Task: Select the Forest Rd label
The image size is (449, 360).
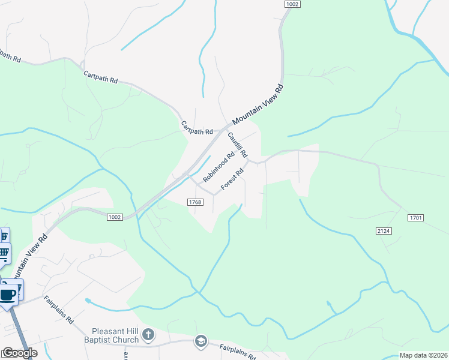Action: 232,179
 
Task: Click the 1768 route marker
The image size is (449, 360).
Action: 194,202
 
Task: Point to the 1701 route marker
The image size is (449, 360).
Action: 415,217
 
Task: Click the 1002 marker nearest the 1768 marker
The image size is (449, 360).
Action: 115,217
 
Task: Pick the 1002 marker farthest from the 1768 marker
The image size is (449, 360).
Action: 292,4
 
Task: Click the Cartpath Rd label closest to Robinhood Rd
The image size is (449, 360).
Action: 197,128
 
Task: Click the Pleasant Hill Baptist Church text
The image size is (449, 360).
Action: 115,335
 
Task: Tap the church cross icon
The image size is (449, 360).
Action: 148,334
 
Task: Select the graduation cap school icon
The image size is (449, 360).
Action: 200,342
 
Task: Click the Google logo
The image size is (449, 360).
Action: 19,353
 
